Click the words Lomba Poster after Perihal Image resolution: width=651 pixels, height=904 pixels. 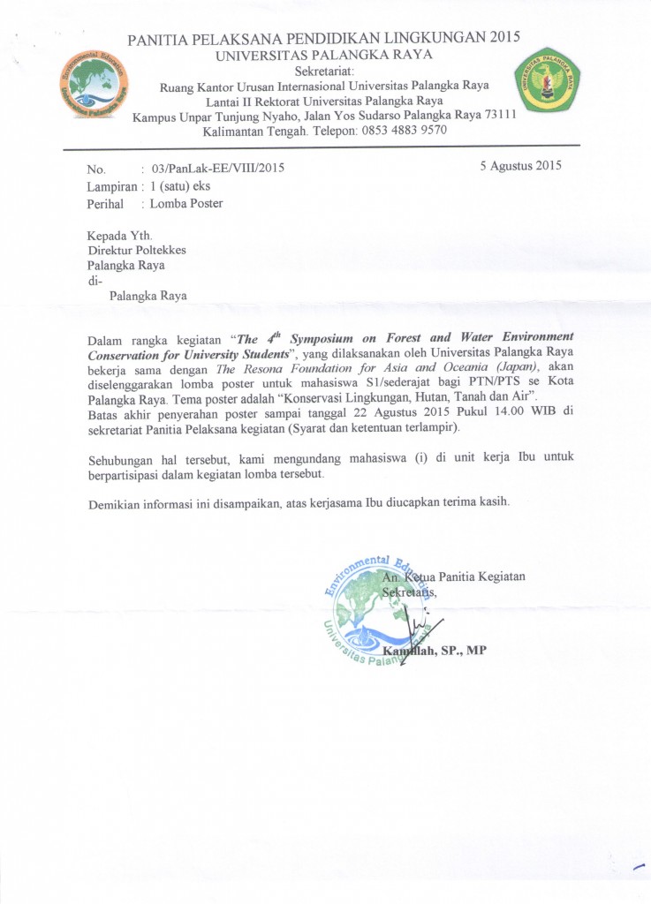[186, 204]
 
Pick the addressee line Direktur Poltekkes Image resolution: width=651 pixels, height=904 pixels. [136, 250]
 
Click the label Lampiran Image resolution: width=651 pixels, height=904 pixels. [111, 186]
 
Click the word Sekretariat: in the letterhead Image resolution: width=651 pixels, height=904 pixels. [324, 71]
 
